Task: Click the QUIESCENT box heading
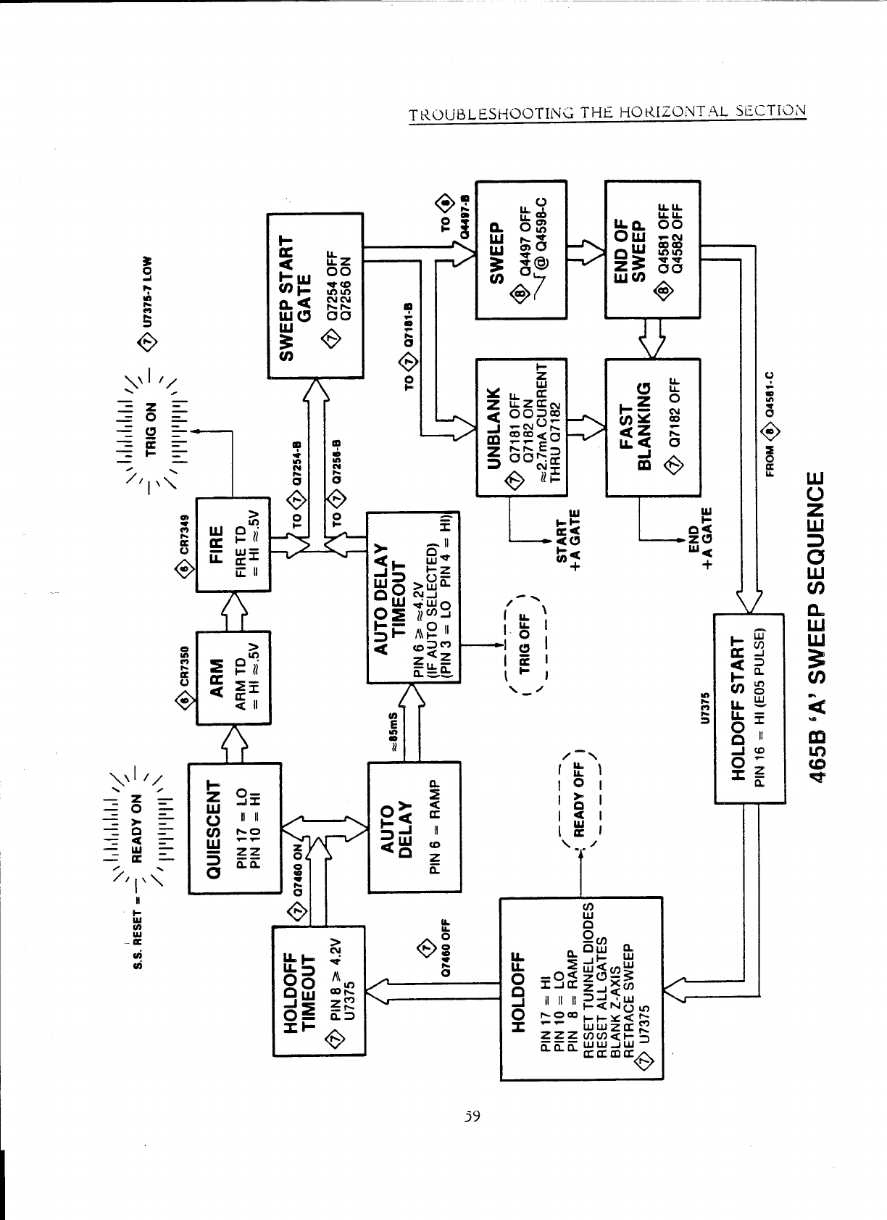212,829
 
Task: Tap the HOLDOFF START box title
738,708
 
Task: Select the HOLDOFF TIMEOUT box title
298,990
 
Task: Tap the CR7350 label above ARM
184,668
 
